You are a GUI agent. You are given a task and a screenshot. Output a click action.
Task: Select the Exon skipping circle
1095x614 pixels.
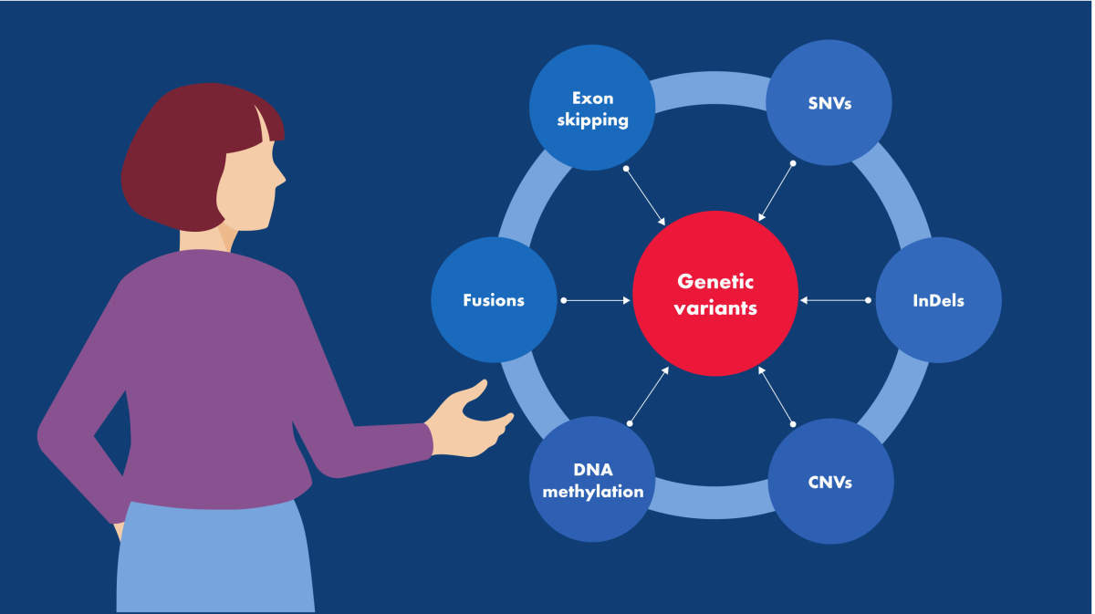pos(592,108)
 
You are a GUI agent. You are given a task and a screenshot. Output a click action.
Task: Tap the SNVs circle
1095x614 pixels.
pos(829,102)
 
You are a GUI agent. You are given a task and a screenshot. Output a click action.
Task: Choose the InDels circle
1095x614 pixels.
pos(938,300)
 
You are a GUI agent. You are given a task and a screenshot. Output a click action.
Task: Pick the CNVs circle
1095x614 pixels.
pos(830,481)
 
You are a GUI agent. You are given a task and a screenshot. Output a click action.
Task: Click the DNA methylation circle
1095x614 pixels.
pos(592,480)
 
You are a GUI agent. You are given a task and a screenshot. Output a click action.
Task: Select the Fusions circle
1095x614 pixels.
pos(494,300)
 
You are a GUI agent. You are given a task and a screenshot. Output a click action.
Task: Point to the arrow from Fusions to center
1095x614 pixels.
pos(597,300)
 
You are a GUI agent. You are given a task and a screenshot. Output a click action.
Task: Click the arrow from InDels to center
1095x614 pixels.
pos(834,300)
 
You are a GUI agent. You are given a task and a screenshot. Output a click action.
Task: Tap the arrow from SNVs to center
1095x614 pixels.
pos(777,192)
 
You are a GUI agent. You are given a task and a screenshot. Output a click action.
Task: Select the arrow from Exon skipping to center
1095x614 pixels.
pos(645,195)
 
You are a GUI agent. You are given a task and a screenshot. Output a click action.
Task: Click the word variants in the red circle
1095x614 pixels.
pos(715,308)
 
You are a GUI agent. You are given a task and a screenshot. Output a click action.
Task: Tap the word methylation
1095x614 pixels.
pos(592,492)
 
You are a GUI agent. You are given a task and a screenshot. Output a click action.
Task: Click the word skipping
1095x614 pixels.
pos(592,120)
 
